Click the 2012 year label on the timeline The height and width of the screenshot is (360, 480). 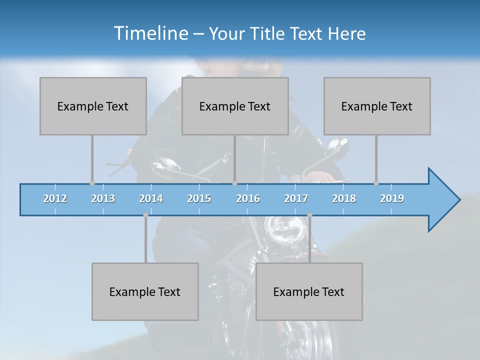(55, 198)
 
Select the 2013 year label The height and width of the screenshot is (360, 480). (103, 198)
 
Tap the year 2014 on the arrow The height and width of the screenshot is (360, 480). (151, 198)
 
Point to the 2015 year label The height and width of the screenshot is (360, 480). (199, 198)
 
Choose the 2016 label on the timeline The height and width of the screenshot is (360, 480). (248, 198)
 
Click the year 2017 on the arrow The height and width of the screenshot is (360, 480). (296, 198)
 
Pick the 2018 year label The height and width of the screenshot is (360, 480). (344, 198)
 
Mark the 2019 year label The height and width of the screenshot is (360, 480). (392, 198)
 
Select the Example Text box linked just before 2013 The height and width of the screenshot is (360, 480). (93, 106)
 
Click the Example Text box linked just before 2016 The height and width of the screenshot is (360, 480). (235, 106)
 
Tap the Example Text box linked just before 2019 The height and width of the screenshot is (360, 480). (377, 106)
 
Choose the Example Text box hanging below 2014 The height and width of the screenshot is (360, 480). (145, 291)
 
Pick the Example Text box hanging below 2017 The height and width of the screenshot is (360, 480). (309, 291)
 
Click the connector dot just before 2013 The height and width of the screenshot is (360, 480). (92, 183)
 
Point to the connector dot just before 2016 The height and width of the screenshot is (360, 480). (234, 183)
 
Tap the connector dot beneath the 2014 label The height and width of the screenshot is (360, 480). (145, 215)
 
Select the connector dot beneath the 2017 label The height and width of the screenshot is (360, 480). (309, 215)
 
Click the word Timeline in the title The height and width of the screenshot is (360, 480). (150, 33)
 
